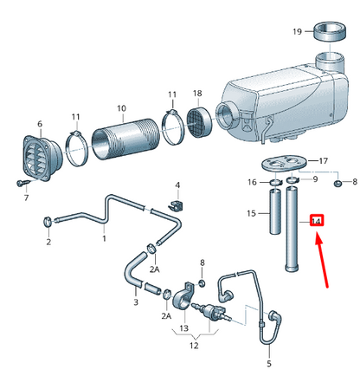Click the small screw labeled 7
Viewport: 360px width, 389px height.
click(20, 184)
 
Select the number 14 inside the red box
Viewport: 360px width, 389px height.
click(317, 222)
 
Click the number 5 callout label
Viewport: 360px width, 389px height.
click(268, 364)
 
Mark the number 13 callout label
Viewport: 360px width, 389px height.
click(183, 327)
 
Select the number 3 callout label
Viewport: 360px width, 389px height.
click(135, 302)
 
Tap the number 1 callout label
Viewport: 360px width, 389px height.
click(104, 237)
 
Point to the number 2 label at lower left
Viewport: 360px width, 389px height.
click(48, 242)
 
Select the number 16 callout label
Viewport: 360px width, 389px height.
click(253, 182)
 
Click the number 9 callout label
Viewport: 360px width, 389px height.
click(315, 179)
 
